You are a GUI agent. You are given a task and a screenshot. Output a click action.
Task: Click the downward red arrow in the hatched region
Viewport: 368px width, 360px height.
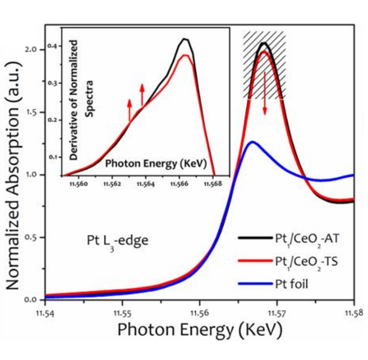point(264,102)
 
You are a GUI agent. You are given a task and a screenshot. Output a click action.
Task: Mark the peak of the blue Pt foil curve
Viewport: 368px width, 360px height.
point(252,142)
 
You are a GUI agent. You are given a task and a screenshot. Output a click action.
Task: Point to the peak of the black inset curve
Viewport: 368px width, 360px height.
point(185,38)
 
